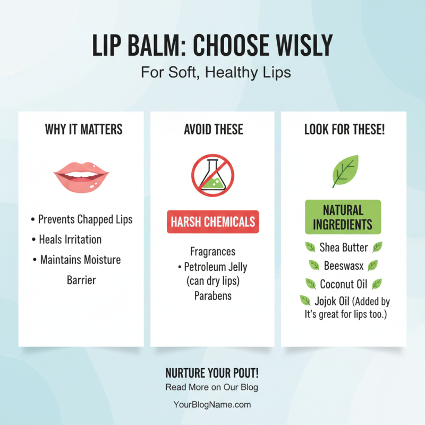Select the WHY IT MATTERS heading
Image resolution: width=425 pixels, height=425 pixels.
83,129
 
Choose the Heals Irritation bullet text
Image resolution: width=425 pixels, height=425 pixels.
70,240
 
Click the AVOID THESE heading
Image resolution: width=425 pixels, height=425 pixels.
213,129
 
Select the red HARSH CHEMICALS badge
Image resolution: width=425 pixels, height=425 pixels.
213,222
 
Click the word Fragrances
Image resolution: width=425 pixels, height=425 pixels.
212,251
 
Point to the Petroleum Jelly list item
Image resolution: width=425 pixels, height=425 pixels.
215,267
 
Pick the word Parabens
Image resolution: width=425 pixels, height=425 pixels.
212,296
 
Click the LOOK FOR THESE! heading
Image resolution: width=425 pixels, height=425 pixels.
344,130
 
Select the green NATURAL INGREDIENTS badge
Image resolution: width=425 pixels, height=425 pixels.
343,217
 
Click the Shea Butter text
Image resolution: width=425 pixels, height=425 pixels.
343,247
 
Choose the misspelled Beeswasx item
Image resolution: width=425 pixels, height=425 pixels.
343,266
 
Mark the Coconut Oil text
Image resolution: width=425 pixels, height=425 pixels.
343,284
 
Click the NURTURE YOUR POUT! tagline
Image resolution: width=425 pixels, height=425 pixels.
212,372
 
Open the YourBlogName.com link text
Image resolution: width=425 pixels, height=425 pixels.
212,404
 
